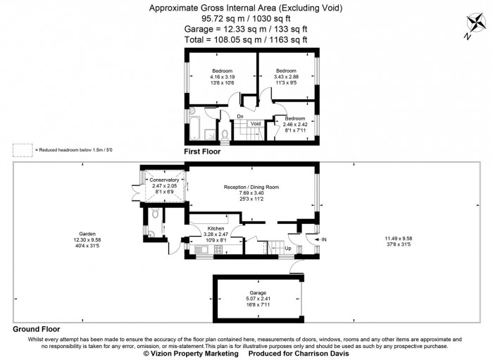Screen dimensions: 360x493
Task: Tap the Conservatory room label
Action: tap(166, 180)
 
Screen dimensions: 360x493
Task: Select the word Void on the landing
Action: tap(256, 124)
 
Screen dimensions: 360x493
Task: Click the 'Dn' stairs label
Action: tap(240, 116)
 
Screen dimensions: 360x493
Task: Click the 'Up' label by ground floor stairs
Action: tap(287, 248)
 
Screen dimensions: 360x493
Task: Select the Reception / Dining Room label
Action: tap(251, 187)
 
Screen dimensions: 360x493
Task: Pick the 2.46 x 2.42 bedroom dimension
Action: tap(295, 124)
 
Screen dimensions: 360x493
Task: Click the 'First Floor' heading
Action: tap(202, 151)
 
